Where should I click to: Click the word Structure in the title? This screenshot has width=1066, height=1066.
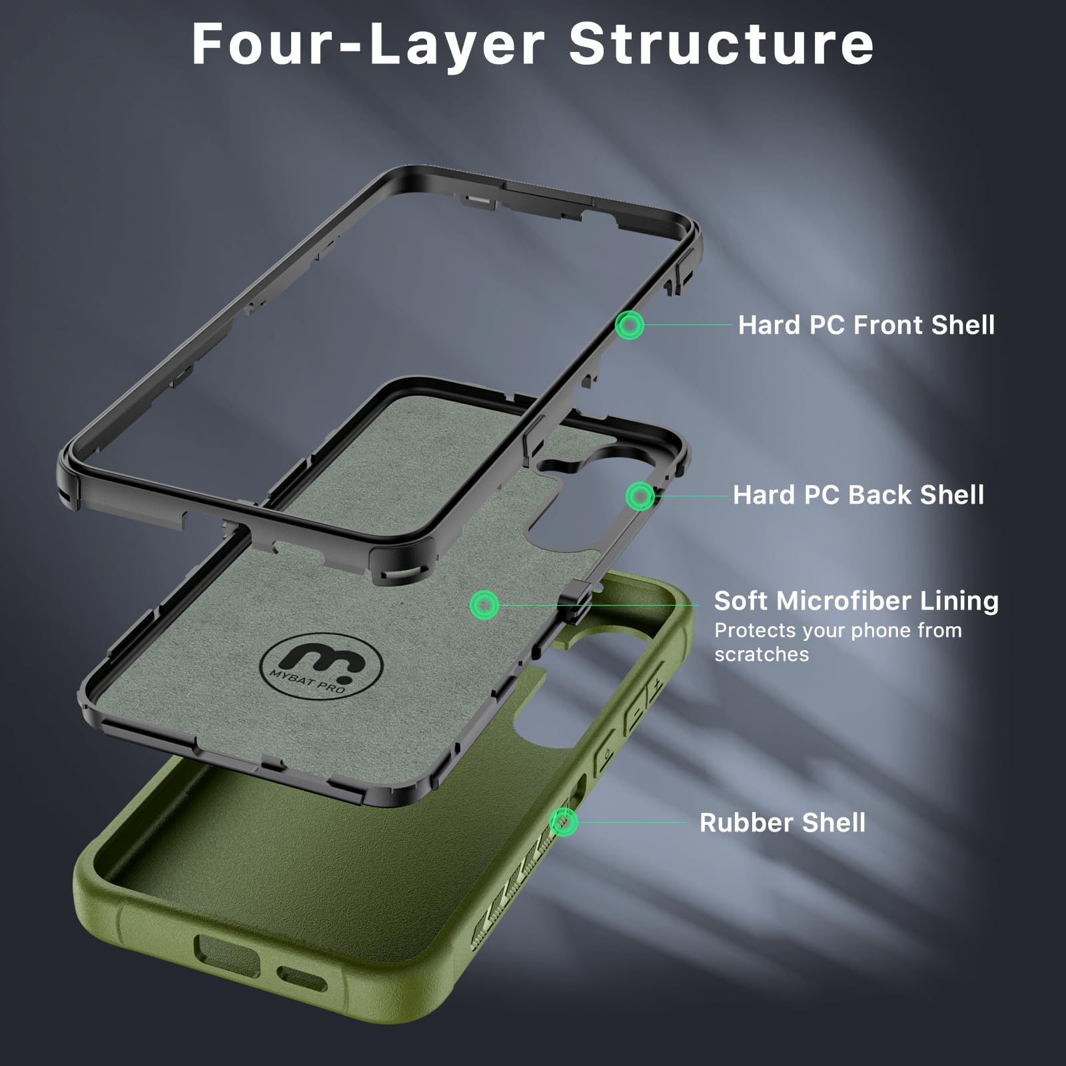pos(721,44)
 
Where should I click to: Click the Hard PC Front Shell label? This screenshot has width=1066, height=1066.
pos(866,325)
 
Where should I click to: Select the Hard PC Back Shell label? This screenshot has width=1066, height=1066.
pos(858,495)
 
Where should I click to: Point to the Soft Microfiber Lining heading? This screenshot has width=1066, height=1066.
pos(856,601)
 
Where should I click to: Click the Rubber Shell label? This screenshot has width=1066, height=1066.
pos(782,823)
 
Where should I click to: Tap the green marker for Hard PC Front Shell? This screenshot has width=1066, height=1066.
pos(629,325)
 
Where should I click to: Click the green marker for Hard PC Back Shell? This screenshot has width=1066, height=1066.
pos(640,496)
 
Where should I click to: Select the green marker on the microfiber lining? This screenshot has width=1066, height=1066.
pos(484,604)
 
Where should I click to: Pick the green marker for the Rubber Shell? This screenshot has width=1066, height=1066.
pos(564,822)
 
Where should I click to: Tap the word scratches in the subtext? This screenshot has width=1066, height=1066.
pos(762,654)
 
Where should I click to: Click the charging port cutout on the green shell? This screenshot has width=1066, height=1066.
pos(227,955)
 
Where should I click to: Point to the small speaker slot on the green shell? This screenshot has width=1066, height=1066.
pos(302,979)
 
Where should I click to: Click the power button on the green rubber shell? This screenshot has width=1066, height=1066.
pos(605,751)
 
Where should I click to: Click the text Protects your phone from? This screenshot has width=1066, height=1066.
pos(838,630)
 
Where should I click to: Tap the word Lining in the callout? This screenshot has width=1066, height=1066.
pos(959,601)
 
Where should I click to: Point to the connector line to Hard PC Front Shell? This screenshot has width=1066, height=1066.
pos(688,325)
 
